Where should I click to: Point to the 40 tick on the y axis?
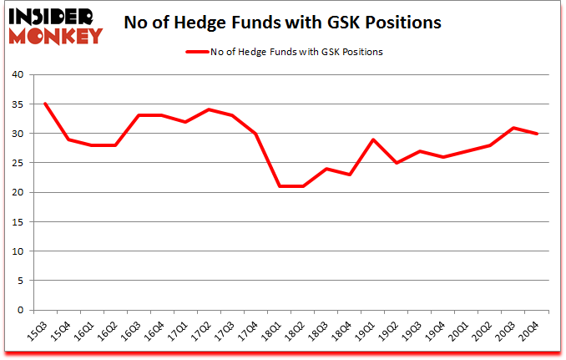[17, 75]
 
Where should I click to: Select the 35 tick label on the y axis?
[17, 104]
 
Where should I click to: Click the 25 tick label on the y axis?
[17, 163]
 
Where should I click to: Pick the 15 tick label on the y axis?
[17, 222]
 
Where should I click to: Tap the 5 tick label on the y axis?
[19, 281]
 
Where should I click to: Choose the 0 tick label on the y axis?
[19, 310]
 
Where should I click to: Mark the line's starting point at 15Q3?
[44, 104]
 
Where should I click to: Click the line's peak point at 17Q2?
[209, 109]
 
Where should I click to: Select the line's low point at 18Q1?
[280, 186]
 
